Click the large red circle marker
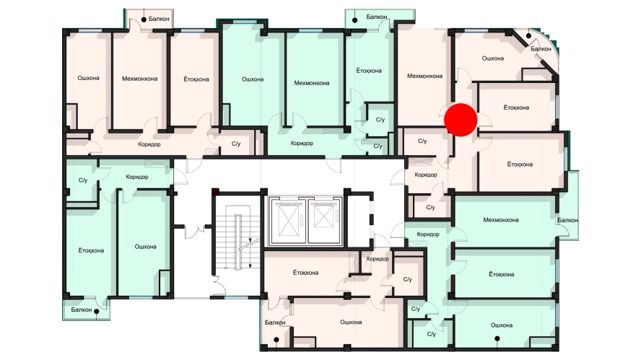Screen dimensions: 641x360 461,120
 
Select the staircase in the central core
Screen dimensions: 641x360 237,237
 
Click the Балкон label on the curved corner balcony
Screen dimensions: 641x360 541,48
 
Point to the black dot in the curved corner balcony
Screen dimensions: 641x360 528,36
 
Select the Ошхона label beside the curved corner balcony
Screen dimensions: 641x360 492,58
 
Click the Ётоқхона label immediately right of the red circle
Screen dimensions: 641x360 516,107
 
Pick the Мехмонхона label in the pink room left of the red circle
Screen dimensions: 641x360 424,76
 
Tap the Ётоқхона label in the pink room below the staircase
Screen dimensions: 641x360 305,273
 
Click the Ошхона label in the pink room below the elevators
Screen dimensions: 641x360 351,322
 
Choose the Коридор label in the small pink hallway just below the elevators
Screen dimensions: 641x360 378,259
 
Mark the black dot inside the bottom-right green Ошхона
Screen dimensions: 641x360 497,339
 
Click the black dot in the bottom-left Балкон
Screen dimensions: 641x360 97,312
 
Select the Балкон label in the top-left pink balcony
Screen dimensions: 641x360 159,19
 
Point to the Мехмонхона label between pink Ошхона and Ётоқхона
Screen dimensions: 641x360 139,79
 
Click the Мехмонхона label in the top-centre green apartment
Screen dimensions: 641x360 312,83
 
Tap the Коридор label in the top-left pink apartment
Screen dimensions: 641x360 149,144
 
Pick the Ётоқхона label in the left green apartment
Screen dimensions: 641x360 91,250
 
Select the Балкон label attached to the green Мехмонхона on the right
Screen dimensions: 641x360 567,220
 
